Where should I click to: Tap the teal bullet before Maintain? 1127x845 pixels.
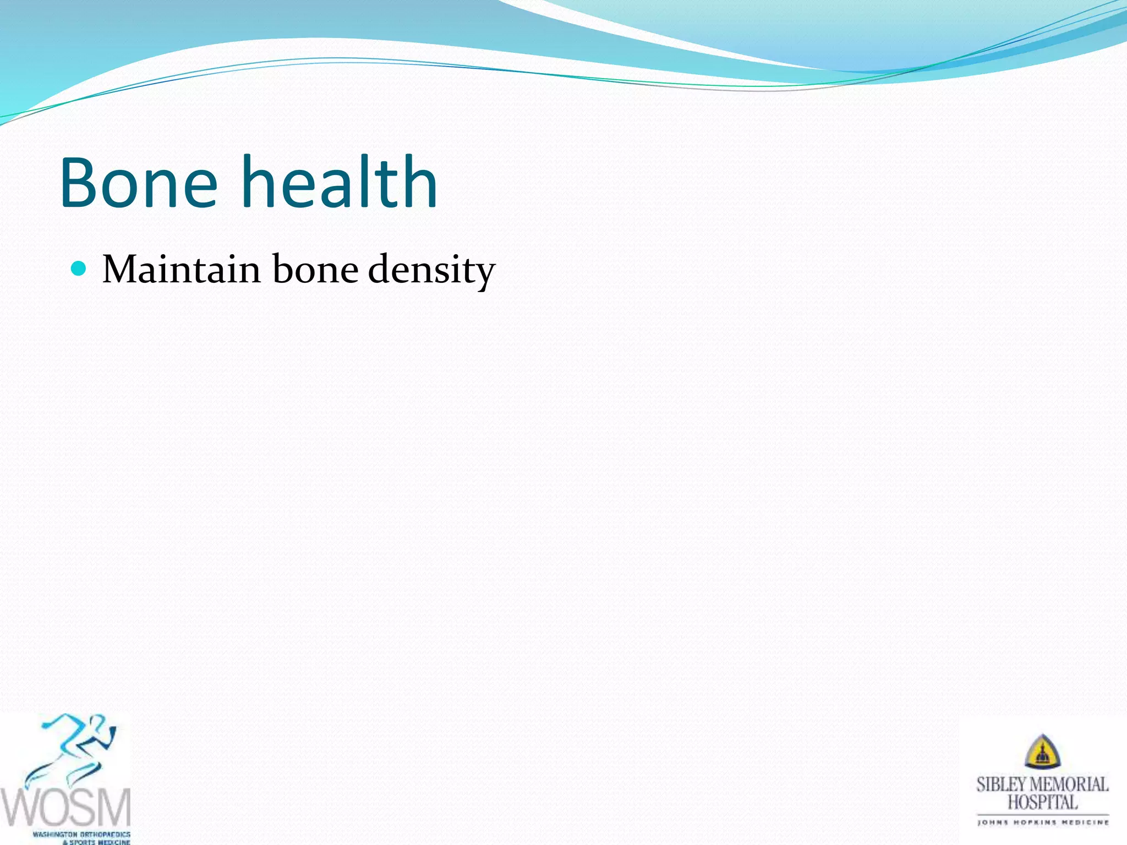coord(79,268)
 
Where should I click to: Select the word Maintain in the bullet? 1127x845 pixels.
coord(182,270)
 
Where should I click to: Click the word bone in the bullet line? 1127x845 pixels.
coord(315,270)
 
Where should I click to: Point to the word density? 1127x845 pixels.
coord(431,271)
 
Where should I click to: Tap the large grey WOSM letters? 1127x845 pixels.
coord(66,806)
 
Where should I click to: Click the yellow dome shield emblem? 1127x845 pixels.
coord(1042,752)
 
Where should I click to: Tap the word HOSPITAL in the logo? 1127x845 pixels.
coord(1042,802)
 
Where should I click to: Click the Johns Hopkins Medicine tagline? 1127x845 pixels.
coord(1042,822)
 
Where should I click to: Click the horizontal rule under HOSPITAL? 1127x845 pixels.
coord(1042,814)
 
